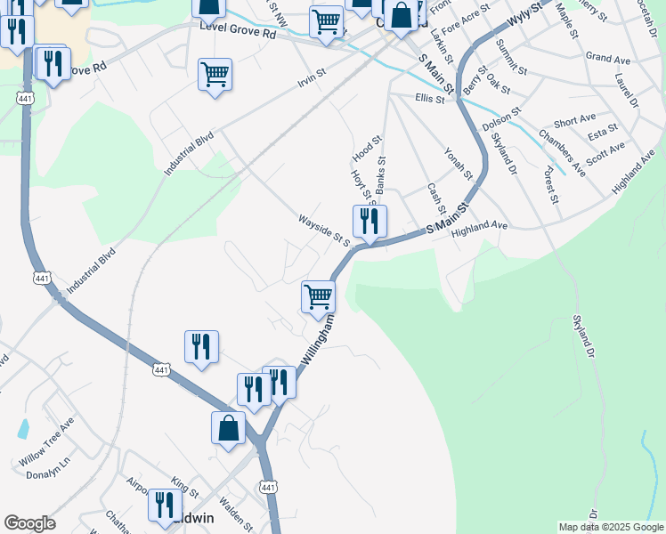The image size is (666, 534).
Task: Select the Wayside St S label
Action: point(324,229)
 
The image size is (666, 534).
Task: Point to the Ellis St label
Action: point(429,99)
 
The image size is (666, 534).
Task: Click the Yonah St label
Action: point(458,164)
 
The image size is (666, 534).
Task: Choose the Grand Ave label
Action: point(608,58)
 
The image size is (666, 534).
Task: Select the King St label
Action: point(185,486)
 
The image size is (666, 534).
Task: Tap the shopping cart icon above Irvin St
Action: point(215,74)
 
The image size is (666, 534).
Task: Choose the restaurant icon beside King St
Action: point(164,505)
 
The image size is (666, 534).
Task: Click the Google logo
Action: point(29,523)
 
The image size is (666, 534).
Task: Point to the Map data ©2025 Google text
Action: point(611,527)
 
